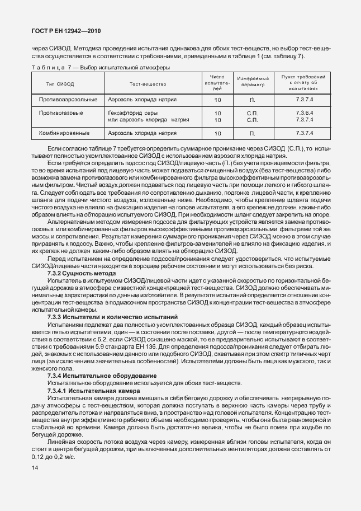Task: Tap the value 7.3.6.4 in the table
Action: pyautogui.click(x=304, y=112)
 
